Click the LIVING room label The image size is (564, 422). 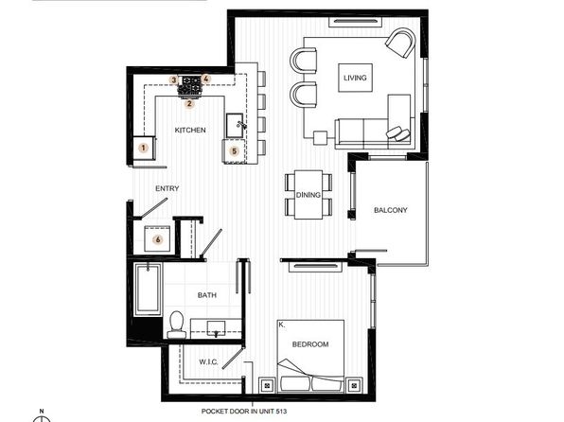(x=355, y=78)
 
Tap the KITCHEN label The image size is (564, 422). (x=190, y=130)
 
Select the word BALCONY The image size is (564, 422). (x=391, y=210)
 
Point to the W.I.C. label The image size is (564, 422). (x=208, y=362)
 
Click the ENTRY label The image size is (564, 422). (x=167, y=188)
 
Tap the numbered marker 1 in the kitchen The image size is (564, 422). (x=144, y=148)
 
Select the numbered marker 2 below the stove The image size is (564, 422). (x=189, y=104)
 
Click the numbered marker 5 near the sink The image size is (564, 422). (x=234, y=151)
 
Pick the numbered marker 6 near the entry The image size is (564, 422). (x=157, y=239)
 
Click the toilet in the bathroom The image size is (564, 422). (x=176, y=325)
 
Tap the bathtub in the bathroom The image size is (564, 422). (x=148, y=290)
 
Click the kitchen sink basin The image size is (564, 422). (x=235, y=125)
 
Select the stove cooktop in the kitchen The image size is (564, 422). (x=191, y=85)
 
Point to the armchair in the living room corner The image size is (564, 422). (x=400, y=43)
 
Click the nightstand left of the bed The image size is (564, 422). (x=267, y=386)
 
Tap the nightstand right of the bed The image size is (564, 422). (x=354, y=386)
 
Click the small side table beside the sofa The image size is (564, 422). (x=320, y=138)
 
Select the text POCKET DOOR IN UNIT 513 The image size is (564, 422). (x=244, y=412)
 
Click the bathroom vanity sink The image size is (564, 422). (x=216, y=328)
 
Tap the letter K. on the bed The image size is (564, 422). (x=282, y=325)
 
